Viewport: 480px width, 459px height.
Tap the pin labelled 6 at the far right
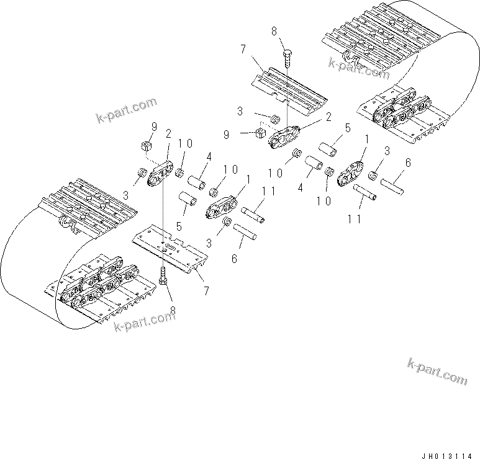pyautogui.click(x=392, y=185)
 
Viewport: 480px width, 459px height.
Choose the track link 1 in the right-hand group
pyautogui.click(x=351, y=173)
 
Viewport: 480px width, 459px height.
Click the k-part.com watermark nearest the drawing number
pyautogui.click(x=437, y=371)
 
